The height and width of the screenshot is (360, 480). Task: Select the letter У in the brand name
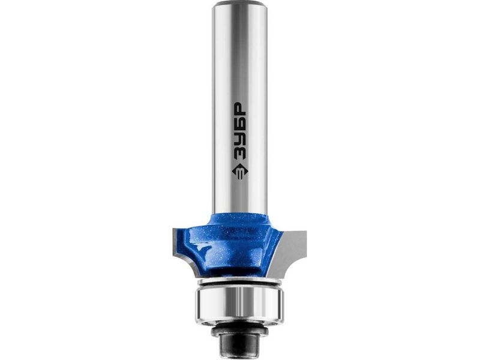coord(239,141)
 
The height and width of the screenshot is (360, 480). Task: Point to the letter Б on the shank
coord(239,126)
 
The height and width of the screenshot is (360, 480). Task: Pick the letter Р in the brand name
coord(239,110)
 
